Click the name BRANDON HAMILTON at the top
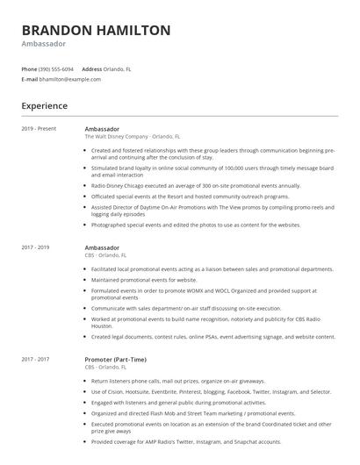[97, 30]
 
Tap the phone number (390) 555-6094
[56, 68]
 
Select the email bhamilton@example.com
[70, 79]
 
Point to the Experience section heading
[45, 106]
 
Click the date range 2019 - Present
[39, 129]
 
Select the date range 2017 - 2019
[36, 247]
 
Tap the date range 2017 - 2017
[36, 360]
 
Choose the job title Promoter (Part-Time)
[115, 360]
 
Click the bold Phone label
[30, 68]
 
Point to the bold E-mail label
[30, 79]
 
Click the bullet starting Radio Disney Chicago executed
[195, 186]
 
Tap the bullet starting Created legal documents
[212, 336]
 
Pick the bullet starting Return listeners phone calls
[177, 383]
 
